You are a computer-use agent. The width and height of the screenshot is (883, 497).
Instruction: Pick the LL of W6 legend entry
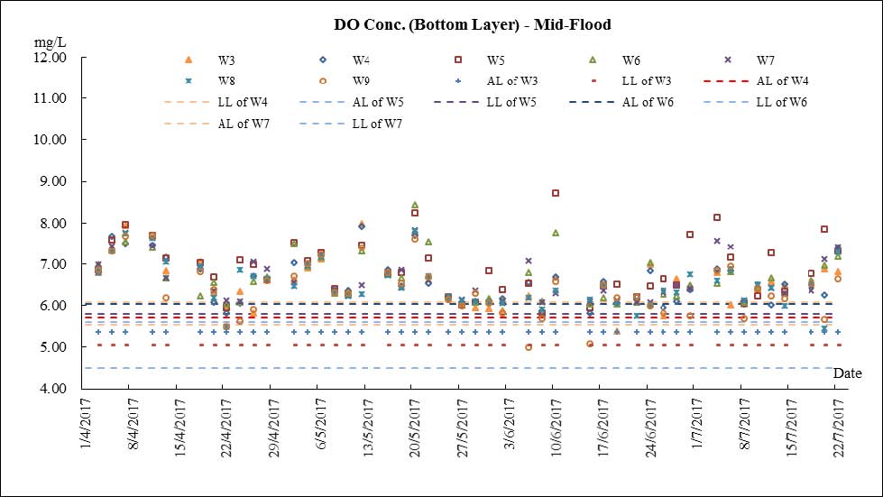[782, 102]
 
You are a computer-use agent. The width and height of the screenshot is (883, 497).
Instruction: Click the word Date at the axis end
[847, 373]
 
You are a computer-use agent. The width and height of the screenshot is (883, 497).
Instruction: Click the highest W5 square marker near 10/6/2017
[556, 193]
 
